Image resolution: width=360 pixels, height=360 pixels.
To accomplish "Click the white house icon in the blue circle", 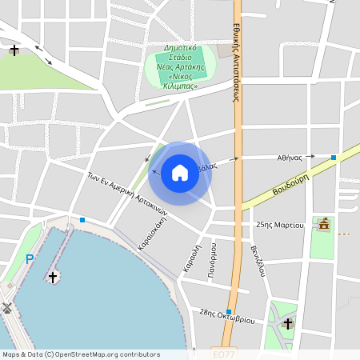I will pyautogui.click(x=179, y=173).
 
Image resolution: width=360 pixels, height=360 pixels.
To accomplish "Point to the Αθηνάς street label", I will pyautogui.click(x=289, y=158).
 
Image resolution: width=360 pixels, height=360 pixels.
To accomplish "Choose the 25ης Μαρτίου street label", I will pyautogui.click(x=279, y=226).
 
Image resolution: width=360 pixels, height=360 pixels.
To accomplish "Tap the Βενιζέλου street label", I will pyautogui.click(x=258, y=260).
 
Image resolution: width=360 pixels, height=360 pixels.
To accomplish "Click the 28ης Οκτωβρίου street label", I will pyautogui.click(x=227, y=316).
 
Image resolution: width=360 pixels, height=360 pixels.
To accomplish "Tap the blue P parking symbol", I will pyautogui.click(x=30, y=259).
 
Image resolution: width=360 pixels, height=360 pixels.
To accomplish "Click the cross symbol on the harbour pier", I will pyautogui.click(x=54, y=277).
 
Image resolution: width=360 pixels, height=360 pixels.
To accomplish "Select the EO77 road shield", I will pyautogui.click(x=225, y=353).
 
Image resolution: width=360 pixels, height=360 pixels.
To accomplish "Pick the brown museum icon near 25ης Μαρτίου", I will pyautogui.click(x=323, y=225).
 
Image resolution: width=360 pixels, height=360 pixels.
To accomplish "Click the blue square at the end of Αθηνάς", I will pyautogui.click(x=334, y=158).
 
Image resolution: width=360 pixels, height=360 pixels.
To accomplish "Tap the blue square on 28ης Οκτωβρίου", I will pyautogui.click(x=229, y=312).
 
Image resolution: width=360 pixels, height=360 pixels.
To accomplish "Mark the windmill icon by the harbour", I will pyautogui.click(x=6, y=307).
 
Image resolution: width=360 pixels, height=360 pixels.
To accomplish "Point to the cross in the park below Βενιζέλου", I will pyautogui.click(x=288, y=323).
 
